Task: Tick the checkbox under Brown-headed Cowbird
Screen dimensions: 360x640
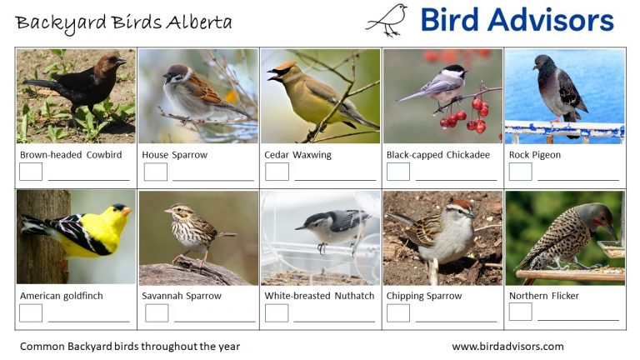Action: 31,172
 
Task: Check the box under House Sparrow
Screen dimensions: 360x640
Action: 156,172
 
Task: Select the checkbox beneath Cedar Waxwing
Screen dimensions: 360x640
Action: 277,172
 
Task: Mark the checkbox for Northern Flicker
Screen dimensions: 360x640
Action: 521,312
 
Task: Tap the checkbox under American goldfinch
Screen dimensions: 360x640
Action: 31,312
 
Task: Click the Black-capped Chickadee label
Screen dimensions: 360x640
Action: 437,155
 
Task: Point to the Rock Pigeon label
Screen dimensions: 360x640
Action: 535,155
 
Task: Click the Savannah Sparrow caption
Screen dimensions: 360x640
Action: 182,296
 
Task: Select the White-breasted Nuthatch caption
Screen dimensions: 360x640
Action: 319,296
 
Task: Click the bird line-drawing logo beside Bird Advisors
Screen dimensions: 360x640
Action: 387,20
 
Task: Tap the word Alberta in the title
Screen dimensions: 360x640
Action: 201,22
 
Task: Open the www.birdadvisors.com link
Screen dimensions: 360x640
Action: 507,347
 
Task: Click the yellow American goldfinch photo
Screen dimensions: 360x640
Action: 76,237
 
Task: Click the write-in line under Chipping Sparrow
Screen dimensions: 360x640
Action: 456,320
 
